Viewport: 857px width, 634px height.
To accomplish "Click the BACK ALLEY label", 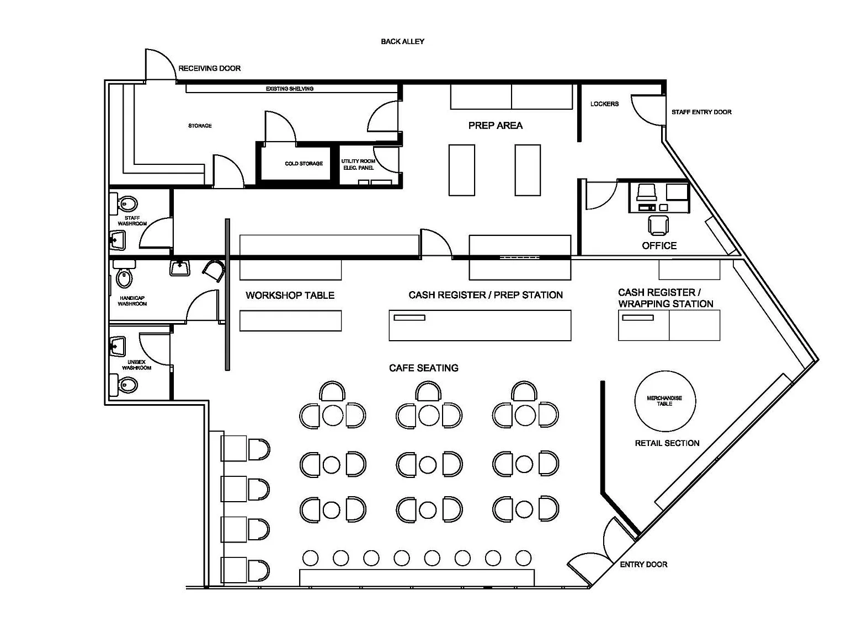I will [x=402, y=41].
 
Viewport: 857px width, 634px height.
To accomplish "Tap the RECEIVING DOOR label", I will [x=209, y=68].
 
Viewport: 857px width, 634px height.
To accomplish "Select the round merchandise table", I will [x=665, y=401].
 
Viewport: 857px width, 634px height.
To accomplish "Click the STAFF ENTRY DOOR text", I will [x=701, y=112].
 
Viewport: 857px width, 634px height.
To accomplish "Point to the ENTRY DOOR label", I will [x=643, y=565].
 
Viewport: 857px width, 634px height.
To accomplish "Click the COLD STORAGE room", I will [x=304, y=164].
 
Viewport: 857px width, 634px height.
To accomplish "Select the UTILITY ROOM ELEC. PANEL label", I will [x=358, y=164].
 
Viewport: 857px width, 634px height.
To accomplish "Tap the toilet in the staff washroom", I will [x=127, y=203].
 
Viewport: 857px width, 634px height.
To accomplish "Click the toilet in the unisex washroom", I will [x=127, y=384].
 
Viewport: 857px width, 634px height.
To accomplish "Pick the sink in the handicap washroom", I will [x=179, y=268].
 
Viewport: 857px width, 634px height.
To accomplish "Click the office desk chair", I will [x=658, y=225].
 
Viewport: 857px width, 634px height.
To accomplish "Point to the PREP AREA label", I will [x=495, y=126].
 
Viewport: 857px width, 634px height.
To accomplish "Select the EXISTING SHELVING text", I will [x=289, y=89].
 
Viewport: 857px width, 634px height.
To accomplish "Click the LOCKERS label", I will [x=604, y=104].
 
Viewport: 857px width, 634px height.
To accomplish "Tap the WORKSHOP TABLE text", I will [x=290, y=295].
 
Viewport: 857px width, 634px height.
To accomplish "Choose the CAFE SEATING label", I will [x=423, y=368].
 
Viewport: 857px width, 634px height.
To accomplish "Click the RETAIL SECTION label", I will [x=667, y=443].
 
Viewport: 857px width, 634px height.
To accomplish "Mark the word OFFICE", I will [x=659, y=246].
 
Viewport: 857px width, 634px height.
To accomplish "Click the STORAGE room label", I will [x=200, y=126].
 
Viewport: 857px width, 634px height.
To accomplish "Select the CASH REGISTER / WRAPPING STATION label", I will [x=665, y=298].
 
